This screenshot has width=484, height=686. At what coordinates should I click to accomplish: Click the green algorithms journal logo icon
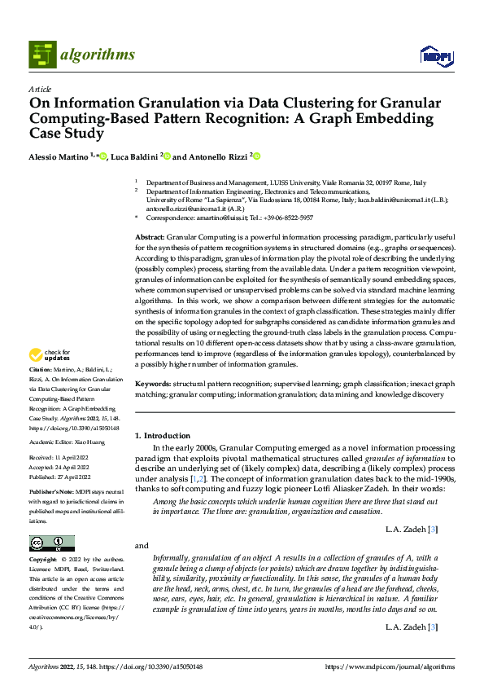click(x=43, y=55)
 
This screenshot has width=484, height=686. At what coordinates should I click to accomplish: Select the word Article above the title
click(x=40, y=89)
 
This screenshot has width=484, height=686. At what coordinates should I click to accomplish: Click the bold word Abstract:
click(x=150, y=235)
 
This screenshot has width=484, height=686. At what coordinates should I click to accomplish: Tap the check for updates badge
click(x=50, y=354)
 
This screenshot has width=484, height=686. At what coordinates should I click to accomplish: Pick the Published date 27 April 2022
click(x=73, y=477)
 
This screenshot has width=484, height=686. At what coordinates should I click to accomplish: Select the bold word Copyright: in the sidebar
click(x=43, y=561)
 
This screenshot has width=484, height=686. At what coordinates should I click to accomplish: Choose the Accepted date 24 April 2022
click(x=72, y=468)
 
